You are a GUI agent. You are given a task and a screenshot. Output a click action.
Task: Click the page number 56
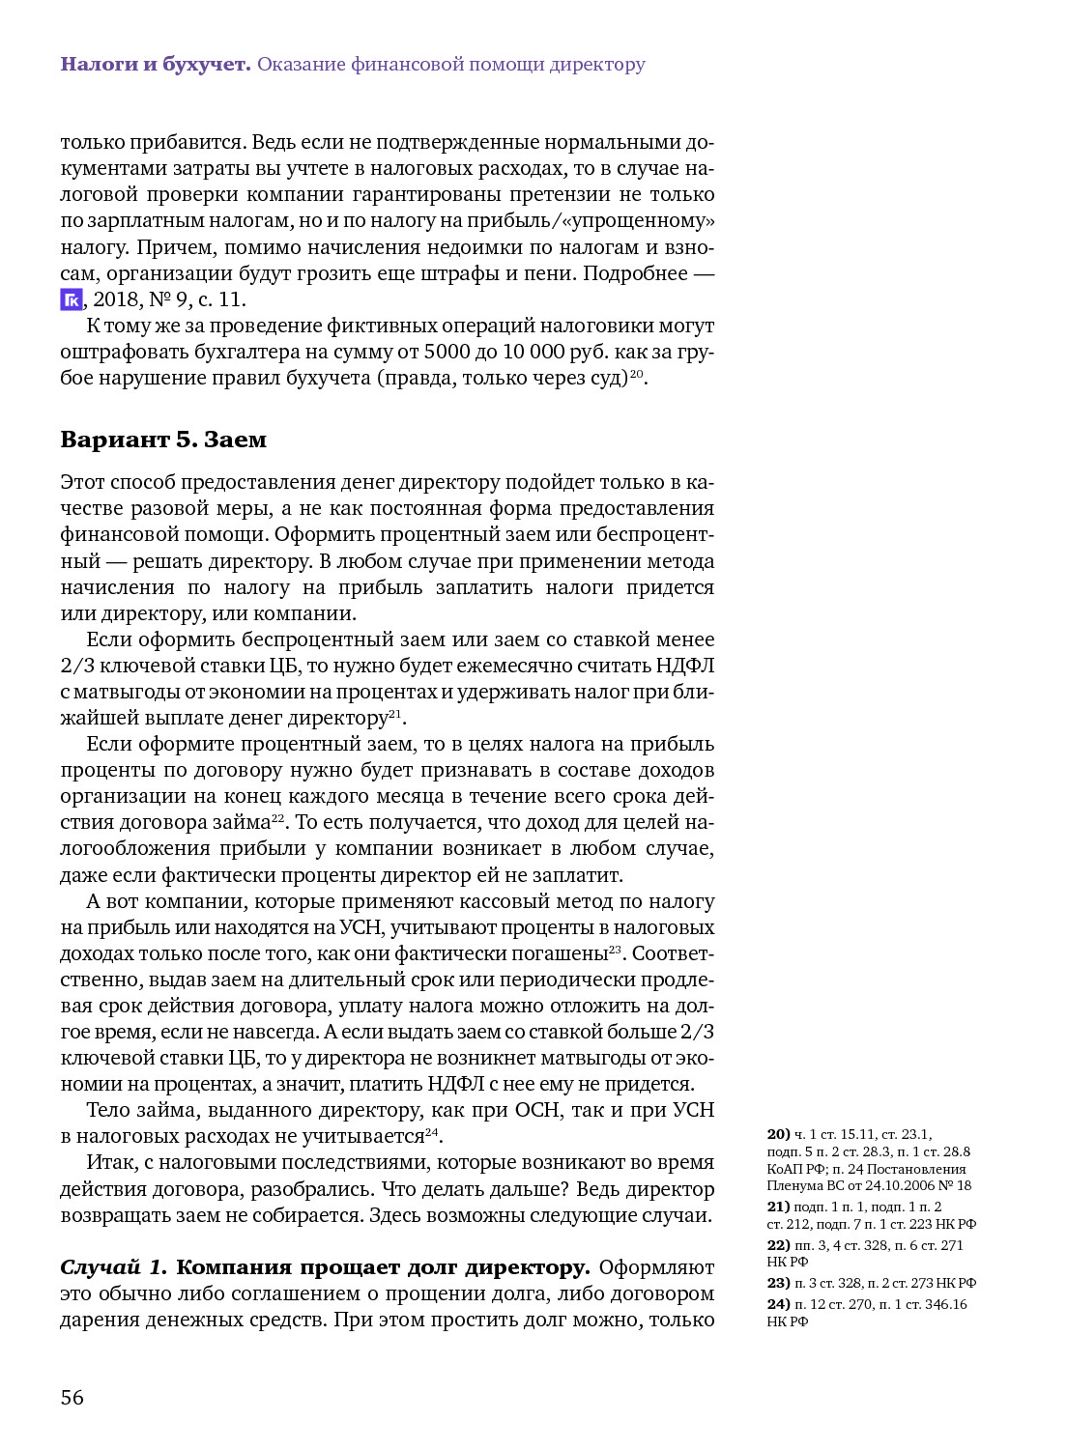pos(72,1398)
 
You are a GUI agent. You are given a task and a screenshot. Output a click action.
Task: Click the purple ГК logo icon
pos(72,299)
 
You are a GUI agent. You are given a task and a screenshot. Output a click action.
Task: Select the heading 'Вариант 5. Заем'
pos(163,440)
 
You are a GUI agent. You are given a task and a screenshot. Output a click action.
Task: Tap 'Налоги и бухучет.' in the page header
pos(156,65)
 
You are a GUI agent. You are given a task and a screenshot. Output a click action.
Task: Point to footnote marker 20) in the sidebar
pos(778,1134)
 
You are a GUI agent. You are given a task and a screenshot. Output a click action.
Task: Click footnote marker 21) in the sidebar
pos(778,1207)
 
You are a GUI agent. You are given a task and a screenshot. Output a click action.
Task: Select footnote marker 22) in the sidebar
pos(778,1245)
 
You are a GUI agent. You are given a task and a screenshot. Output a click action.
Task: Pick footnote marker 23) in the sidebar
pos(778,1283)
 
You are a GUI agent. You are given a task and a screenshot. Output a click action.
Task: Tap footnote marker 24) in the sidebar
pos(778,1304)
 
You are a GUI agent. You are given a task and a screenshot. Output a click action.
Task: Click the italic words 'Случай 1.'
pos(113,1267)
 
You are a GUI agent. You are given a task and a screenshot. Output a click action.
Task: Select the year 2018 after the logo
pos(116,299)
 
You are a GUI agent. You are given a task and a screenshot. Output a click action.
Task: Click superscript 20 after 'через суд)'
pos(636,373)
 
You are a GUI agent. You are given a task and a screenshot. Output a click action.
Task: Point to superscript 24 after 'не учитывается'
pos(432,1131)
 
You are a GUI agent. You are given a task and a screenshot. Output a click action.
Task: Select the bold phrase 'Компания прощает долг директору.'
pos(383,1267)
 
